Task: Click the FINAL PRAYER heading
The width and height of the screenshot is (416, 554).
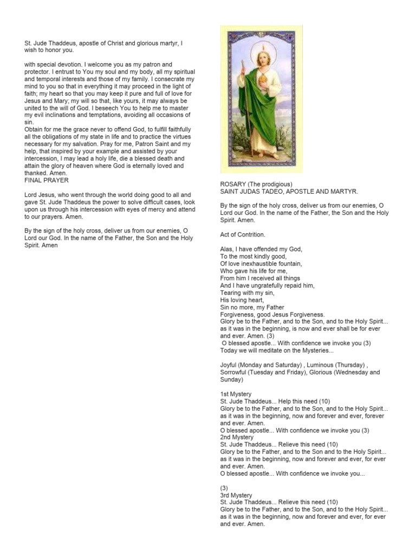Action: pyautogui.click(x=47, y=180)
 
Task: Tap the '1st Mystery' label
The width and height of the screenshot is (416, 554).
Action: pyautogui.click(x=236, y=394)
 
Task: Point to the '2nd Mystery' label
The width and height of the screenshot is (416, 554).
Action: pyautogui.click(x=237, y=437)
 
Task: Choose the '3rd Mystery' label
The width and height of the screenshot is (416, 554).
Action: pyautogui.click(x=237, y=495)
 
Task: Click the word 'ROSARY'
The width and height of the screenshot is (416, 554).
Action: pyautogui.click(x=233, y=184)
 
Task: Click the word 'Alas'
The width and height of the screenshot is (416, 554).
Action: pyautogui.click(x=227, y=249)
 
